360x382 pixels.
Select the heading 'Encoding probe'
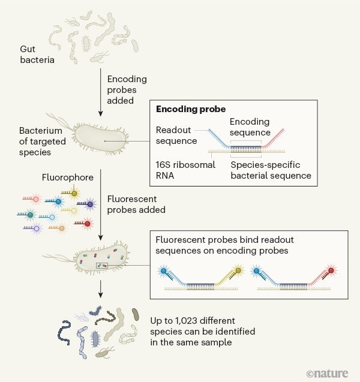[191, 110]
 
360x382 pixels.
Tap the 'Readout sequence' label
[176, 136]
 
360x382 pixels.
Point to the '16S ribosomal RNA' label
[185, 170]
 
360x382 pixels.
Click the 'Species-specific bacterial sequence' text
[271, 170]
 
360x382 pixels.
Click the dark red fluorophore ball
[88, 224]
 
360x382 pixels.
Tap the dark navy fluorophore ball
[90, 204]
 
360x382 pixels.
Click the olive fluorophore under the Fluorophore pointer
[74, 193]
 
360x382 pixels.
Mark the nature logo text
[327, 373]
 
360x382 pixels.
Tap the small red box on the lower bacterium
[101, 264]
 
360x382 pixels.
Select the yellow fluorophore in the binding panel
[238, 271]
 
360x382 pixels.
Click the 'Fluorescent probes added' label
[135, 204]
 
